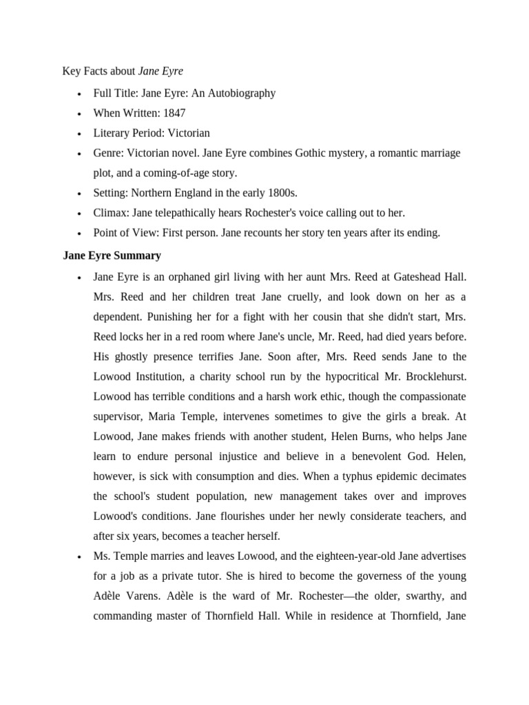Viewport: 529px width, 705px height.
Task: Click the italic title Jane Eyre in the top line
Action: (160, 72)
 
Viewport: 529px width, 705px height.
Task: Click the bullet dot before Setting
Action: (81, 193)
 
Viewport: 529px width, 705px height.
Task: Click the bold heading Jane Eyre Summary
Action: (112, 255)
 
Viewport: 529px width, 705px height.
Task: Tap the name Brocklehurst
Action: (431, 377)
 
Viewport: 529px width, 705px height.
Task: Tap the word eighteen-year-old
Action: (339, 556)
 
